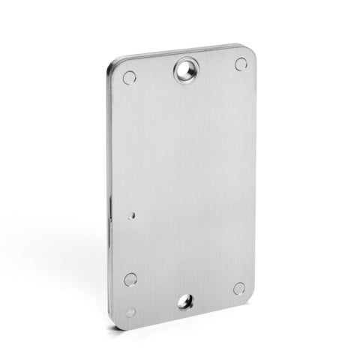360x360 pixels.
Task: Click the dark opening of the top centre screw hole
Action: [x=184, y=72]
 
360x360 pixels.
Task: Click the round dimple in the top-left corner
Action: [x=129, y=77]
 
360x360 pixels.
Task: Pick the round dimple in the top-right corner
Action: [x=241, y=64]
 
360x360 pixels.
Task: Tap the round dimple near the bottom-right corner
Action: [x=239, y=288]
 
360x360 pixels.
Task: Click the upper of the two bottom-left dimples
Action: [x=130, y=280]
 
